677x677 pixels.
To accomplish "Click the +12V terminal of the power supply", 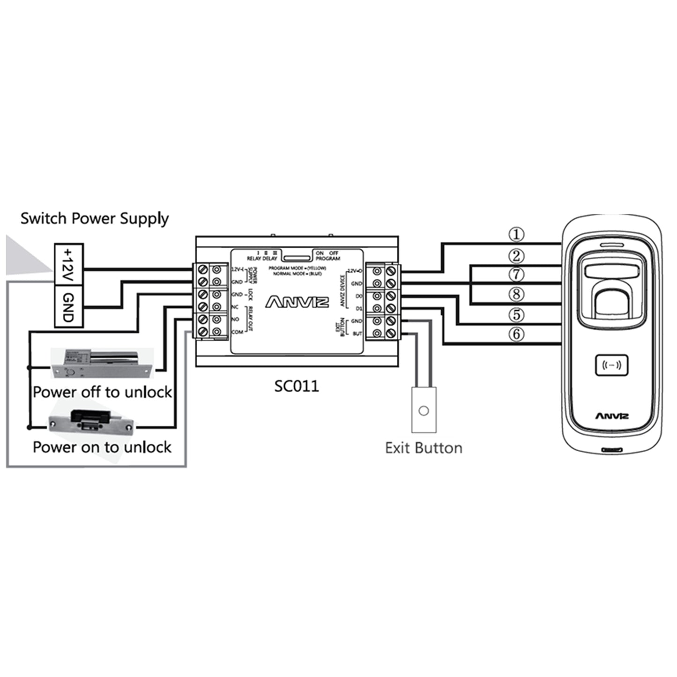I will click(69, 264).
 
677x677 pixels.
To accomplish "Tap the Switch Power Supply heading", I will click(94, 218).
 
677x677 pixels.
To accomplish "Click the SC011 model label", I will click(296, 386).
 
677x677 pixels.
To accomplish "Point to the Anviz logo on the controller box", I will click(297, 302).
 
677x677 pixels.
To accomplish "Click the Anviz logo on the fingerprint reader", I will click(612, 416).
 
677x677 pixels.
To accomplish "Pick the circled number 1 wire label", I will click(516, 234).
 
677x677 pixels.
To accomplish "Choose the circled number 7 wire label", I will click(516, 275).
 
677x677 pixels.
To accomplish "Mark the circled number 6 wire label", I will click(516, 334).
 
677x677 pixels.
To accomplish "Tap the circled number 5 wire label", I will click(516, 314).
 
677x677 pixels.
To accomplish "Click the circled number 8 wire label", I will click(516, 294).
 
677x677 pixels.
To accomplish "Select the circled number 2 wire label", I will click(516, 256).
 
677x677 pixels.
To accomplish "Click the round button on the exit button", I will click(424, 411).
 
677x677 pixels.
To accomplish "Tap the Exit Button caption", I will click(424, 448).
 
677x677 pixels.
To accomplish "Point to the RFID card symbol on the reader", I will click(611, 365).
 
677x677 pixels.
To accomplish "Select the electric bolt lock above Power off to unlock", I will click(102, 363).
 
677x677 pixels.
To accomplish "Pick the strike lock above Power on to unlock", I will click(92, 420).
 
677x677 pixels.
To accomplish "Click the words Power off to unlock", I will click(102, 392).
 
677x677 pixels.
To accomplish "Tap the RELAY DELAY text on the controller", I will click(262, 258).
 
